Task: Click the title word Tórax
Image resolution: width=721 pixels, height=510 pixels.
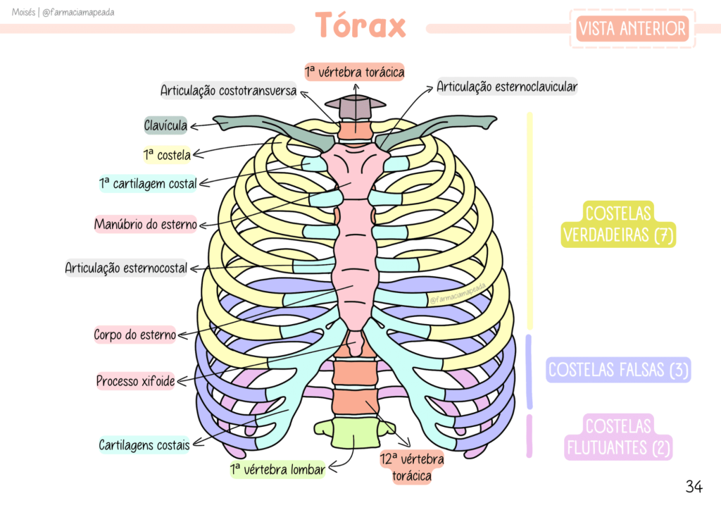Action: click(360, 26)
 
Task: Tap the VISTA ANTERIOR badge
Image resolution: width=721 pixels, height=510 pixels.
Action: click(632, 29)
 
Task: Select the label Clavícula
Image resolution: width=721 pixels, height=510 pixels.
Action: click(165, 126)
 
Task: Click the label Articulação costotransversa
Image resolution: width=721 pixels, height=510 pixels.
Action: click(228, 91)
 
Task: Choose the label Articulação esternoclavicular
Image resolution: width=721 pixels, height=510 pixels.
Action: click(506, 87)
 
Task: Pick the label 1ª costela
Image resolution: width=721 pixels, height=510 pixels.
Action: click(167, 154)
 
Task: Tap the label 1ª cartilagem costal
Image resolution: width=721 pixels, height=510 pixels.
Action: click(148, 184)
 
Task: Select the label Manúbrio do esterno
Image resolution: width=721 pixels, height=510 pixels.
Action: click(146, 225)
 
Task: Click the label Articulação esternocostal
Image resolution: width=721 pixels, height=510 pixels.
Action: click(127, 268)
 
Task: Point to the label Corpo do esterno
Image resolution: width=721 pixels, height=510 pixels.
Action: click(135, 335)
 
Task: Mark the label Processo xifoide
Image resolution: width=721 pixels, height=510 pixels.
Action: click(135, 381)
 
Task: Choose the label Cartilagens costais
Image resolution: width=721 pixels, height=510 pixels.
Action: click(144, 445)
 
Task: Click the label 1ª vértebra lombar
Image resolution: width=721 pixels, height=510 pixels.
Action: click(277, 469)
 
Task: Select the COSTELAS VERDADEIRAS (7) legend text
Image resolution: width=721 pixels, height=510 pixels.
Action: click(618, 224)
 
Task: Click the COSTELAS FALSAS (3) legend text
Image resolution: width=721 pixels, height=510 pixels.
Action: click(618, 369)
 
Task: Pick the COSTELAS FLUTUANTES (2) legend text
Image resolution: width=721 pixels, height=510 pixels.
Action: click(618, 437)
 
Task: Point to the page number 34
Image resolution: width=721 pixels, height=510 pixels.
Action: click(694, 486)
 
